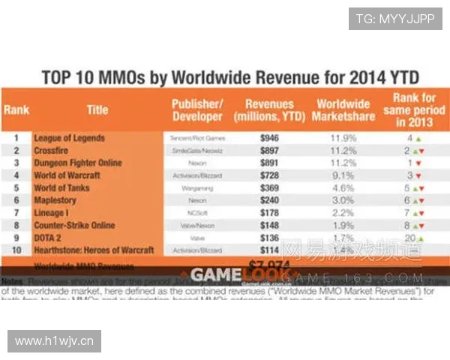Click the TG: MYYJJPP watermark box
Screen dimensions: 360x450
click(x=394, y=19)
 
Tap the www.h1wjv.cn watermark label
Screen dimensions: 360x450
click(x=54, y=341)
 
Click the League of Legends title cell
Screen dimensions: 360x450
click(x=70, y=138)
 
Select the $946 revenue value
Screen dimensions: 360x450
click(x=269, y=138)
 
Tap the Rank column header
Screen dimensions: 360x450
click(x=16, y=109)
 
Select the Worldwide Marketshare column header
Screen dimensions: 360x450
click(x=343, y=109)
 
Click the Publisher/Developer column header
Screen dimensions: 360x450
click(x=196, y=109)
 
